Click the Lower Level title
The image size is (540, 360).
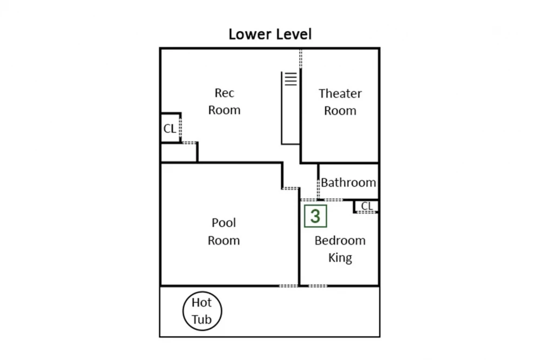[x=270, y=35]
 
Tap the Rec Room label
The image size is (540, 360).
[x=224, y=101]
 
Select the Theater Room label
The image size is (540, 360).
[x=340, y=102]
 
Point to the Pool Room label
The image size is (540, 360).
[x=224, y=232]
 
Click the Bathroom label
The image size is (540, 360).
[x=348, y=182]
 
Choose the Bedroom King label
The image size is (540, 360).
[x=340, y=249]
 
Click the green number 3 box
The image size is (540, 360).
[x=315, y=216]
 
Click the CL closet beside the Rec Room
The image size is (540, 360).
[x=170, y=128]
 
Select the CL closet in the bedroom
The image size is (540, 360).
[x=367, y=206]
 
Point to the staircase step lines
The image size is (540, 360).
[x=291, y=79]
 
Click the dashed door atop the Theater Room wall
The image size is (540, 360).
[x=301, y=58]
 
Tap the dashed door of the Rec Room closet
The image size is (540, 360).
[x=180, y=128]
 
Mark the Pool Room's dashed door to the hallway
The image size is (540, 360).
[x=291, y=188]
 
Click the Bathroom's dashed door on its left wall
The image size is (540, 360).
[x=318, y=188]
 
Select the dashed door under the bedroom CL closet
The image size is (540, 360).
[x=367, y=212]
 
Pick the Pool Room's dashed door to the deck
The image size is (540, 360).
[x=288, y=286]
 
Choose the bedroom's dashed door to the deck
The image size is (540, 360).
[x=318, y=286]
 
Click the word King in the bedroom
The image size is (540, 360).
[x=340, y=258]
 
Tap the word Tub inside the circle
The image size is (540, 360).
[x=201, y=320]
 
